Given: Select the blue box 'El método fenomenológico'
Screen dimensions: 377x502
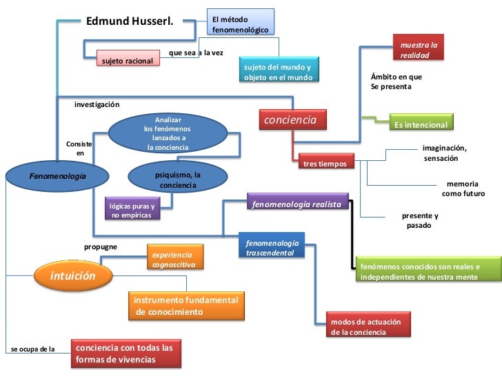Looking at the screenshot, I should (241, 22).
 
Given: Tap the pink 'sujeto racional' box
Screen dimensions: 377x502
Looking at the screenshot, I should (128, 60).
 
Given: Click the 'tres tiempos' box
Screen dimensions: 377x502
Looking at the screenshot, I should (326, 163).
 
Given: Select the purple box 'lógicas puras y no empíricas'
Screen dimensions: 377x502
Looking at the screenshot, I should (132, 210).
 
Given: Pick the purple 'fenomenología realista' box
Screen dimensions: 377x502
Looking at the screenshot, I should (297, 204).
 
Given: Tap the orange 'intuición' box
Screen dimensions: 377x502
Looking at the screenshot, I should (72, 276).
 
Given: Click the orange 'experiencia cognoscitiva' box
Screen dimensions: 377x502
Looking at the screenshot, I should (174, 259).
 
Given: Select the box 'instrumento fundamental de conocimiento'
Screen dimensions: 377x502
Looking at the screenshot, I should (186, 306).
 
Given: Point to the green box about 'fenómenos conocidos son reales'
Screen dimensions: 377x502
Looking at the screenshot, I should (428, 271).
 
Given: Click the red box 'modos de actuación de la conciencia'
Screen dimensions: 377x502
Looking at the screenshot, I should (370, 327).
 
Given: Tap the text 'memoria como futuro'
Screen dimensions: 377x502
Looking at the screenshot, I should (464, 189).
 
